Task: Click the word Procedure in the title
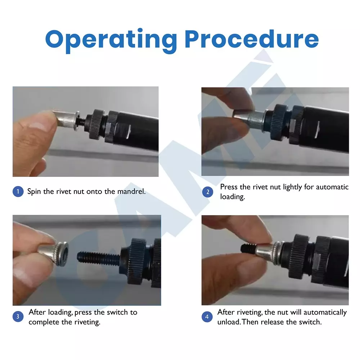click(252, 39)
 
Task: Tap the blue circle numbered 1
click(18, 192)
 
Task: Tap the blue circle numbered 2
click(208, 192)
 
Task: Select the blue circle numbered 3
click(18, 316)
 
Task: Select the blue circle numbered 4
click(207, 317)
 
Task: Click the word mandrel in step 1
click(131, 191)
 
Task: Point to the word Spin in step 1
click(34, 192)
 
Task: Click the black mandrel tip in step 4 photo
click(248, 248)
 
